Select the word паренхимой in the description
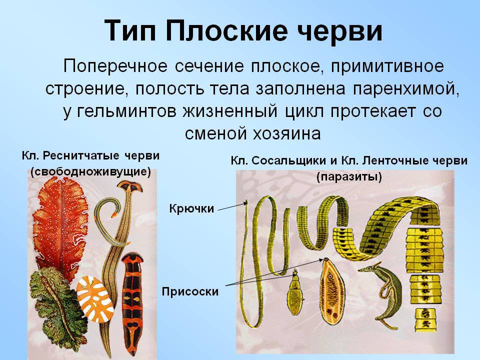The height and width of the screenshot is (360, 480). pyautogui.click(x=406, y=88)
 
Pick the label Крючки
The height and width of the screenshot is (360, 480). pyautogui.click(x=191, y=209)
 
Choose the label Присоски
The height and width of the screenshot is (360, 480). pyautogui.click(x=190, y=291)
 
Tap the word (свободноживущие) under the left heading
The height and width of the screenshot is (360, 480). pyautogui.click(x=91, y=172)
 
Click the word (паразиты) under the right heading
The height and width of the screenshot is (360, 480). pyautogui.click(x=349, y=177)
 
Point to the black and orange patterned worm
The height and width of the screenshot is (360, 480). pyautogui.click(x=132, y=303)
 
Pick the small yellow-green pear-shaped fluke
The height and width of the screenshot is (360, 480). pyautogui.click(x=295, y=294)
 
